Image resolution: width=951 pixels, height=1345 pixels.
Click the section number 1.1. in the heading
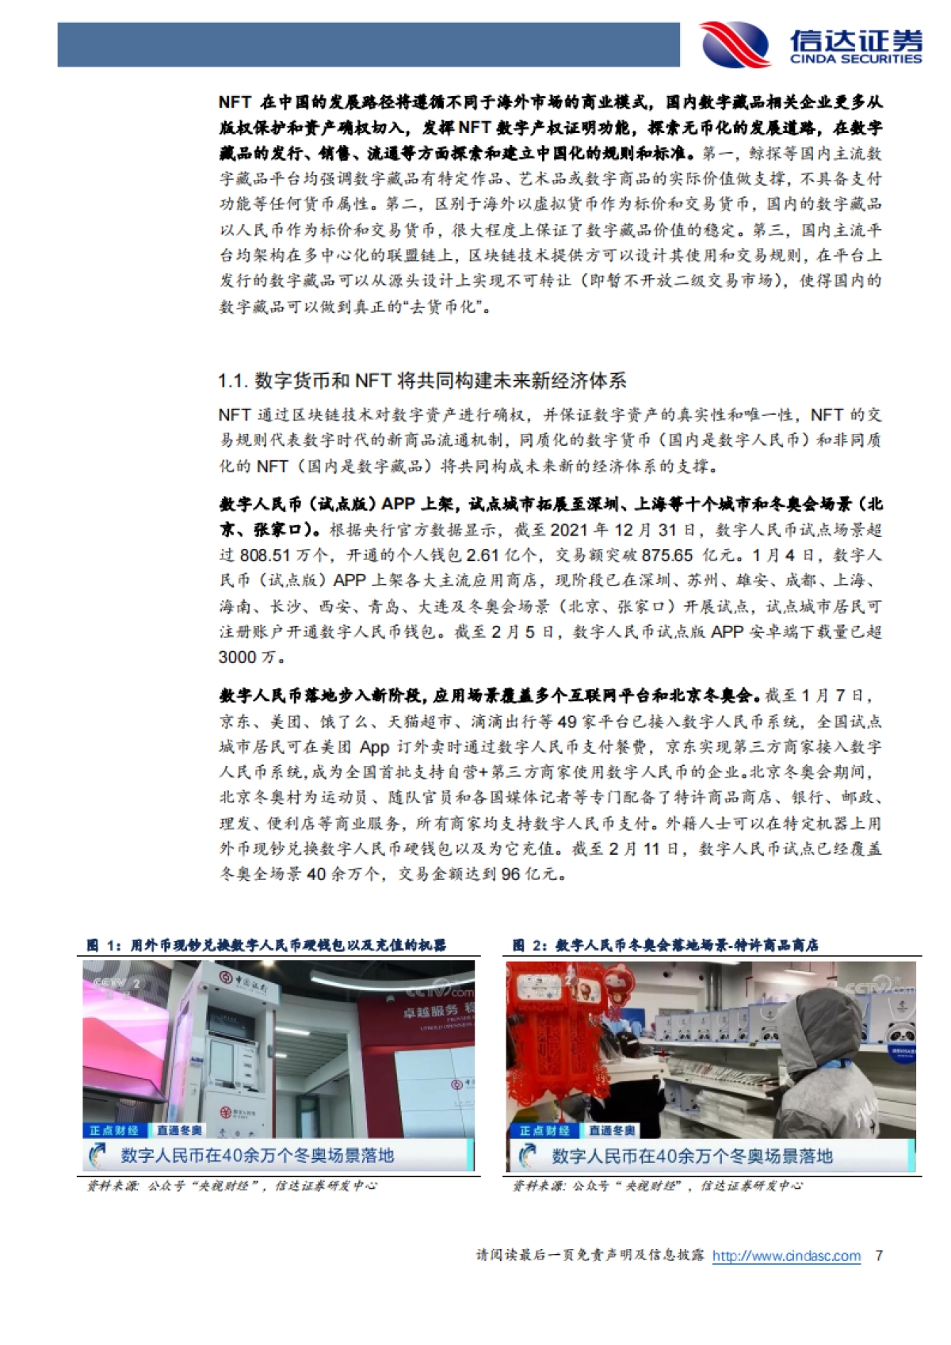pyautogui.click(x=233, y=381)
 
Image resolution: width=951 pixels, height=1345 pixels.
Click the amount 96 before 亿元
pyautogui.click(x=511, y=874)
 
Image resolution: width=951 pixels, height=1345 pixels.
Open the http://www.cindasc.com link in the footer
pyautogui.click(x=786, y=1255)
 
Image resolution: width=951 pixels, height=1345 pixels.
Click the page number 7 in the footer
pyautogui.click(x=877, y=1255)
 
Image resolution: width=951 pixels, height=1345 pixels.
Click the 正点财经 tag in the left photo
pyautogui.click(x=114, y=1130)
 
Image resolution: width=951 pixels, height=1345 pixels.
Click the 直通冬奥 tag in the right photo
pyautogui.click(x=611, y=1130)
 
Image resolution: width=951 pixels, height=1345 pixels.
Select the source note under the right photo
pyautogui.click(x=657, y=1186)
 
